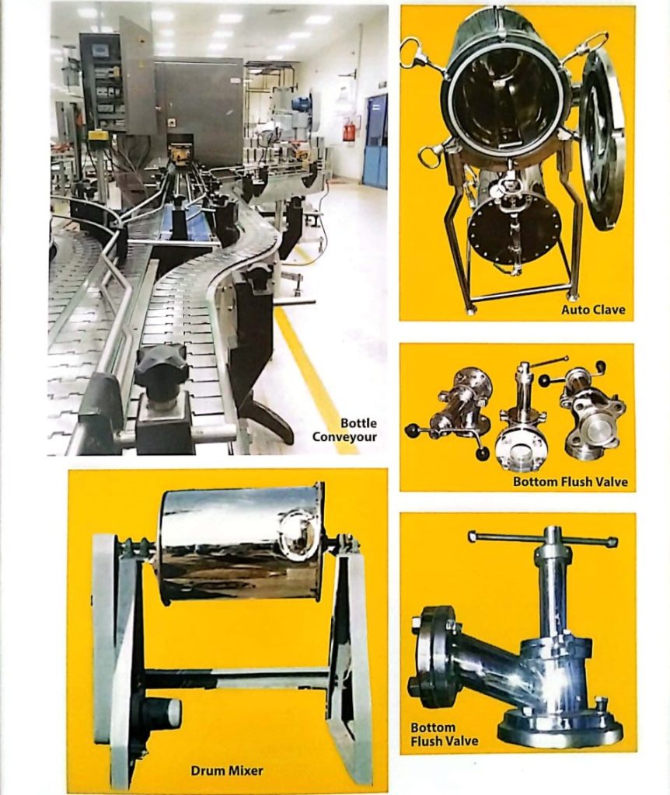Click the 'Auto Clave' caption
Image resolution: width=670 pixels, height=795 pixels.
coord(593,309)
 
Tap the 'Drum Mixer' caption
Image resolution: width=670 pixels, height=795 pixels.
coord(227,771)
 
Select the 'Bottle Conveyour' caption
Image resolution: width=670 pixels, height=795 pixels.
coord(344,430)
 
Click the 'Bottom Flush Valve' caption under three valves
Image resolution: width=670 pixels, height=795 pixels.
coord(570,481)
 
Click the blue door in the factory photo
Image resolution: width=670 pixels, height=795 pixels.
coord(375,141)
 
